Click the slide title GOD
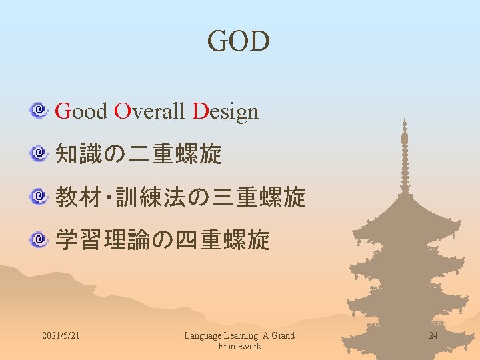[239, 41]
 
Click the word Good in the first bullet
[81, 111]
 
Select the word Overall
[149, 111]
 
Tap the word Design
[225, 111]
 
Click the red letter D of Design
[200, 111]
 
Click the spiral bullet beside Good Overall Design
[40, 109]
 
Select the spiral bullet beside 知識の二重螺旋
[40, 153]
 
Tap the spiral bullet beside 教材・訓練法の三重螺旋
[40, 196]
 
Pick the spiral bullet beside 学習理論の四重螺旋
[40, 238]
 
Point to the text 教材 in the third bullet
[78, 197]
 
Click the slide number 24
[433, 335]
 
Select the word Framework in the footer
[239, 346]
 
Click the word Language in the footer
[202, 335]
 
